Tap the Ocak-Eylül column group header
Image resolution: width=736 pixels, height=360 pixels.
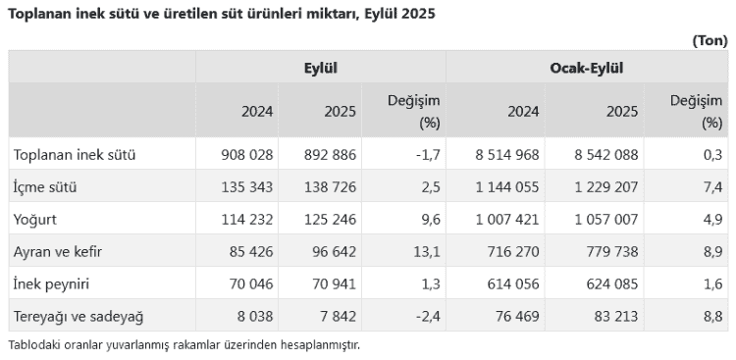tap(586, 69)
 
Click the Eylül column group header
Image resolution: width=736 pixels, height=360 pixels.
tap(321, 69)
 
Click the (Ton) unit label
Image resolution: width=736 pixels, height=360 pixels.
tap(709, 40)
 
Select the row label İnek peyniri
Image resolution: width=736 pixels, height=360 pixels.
tap(53, 284)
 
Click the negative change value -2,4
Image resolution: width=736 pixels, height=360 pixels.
tap(427, 317)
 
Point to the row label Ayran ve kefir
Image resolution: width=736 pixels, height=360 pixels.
tap(58, 252)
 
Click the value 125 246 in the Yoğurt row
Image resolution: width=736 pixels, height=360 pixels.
tap(332, 220)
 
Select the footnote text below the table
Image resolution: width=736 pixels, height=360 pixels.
tap(184, 345)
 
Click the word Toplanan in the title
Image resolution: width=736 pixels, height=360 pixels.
tap(40, 15)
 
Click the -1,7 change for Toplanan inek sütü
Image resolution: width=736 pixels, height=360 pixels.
tap(427, 155)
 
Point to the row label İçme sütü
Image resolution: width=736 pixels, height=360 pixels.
tap(45, 187)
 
